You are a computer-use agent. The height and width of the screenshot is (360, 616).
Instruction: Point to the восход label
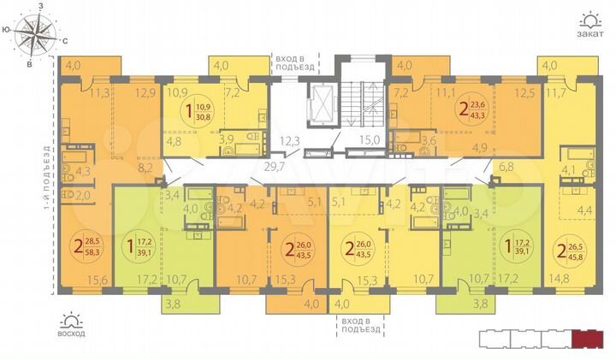(x=72, y=333)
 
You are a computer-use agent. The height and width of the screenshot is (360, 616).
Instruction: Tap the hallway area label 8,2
(x=145, y=168)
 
